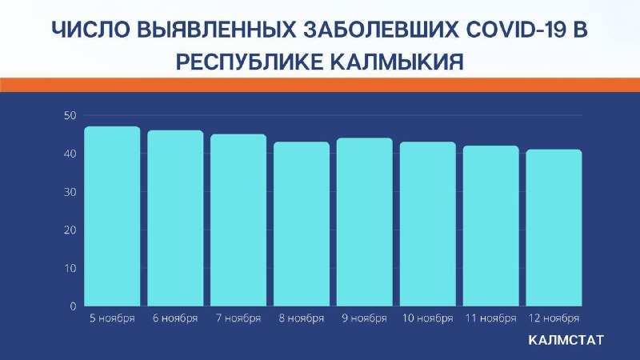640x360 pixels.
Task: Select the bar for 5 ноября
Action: [112, 216]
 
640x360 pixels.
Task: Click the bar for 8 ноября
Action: [302, 224]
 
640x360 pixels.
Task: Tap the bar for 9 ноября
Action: [365, 222]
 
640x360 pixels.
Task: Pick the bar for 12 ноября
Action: [554, 228]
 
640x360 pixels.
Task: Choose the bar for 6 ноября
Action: [175, 218]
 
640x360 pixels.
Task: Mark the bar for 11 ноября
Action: [491, 226]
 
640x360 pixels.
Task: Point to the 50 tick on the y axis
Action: [70, 115]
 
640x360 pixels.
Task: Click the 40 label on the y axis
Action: [70, 154]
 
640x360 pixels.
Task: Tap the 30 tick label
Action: [70, 192]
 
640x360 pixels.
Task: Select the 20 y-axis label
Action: [70, 230]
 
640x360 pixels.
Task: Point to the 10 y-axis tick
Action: [70, 268]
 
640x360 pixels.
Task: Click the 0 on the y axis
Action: [73, 306]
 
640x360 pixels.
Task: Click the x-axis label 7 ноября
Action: [238, 318]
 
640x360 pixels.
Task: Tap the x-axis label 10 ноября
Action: [428, 318]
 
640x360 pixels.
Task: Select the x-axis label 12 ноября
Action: [554, 318]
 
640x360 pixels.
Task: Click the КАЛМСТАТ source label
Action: [566, 340]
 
